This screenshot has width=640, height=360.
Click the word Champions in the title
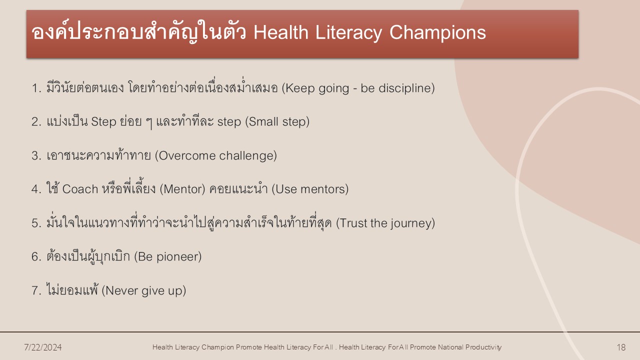coord(437,32)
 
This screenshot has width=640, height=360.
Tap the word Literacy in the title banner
coord(348,33)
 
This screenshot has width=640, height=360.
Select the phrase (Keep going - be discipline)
coord(358,88)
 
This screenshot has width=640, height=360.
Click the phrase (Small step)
coord(277,121)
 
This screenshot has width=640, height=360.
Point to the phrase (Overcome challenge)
coord(216,155)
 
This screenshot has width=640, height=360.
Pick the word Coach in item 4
coord(80,189)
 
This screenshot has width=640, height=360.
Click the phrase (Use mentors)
coord(310,189)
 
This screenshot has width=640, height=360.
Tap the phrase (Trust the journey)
coord(385,223)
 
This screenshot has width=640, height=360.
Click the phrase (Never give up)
coord(144,290)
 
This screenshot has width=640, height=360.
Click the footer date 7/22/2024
coord(43,347)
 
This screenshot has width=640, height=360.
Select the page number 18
coord(621,347)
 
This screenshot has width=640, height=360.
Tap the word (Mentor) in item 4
coord(182,189)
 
